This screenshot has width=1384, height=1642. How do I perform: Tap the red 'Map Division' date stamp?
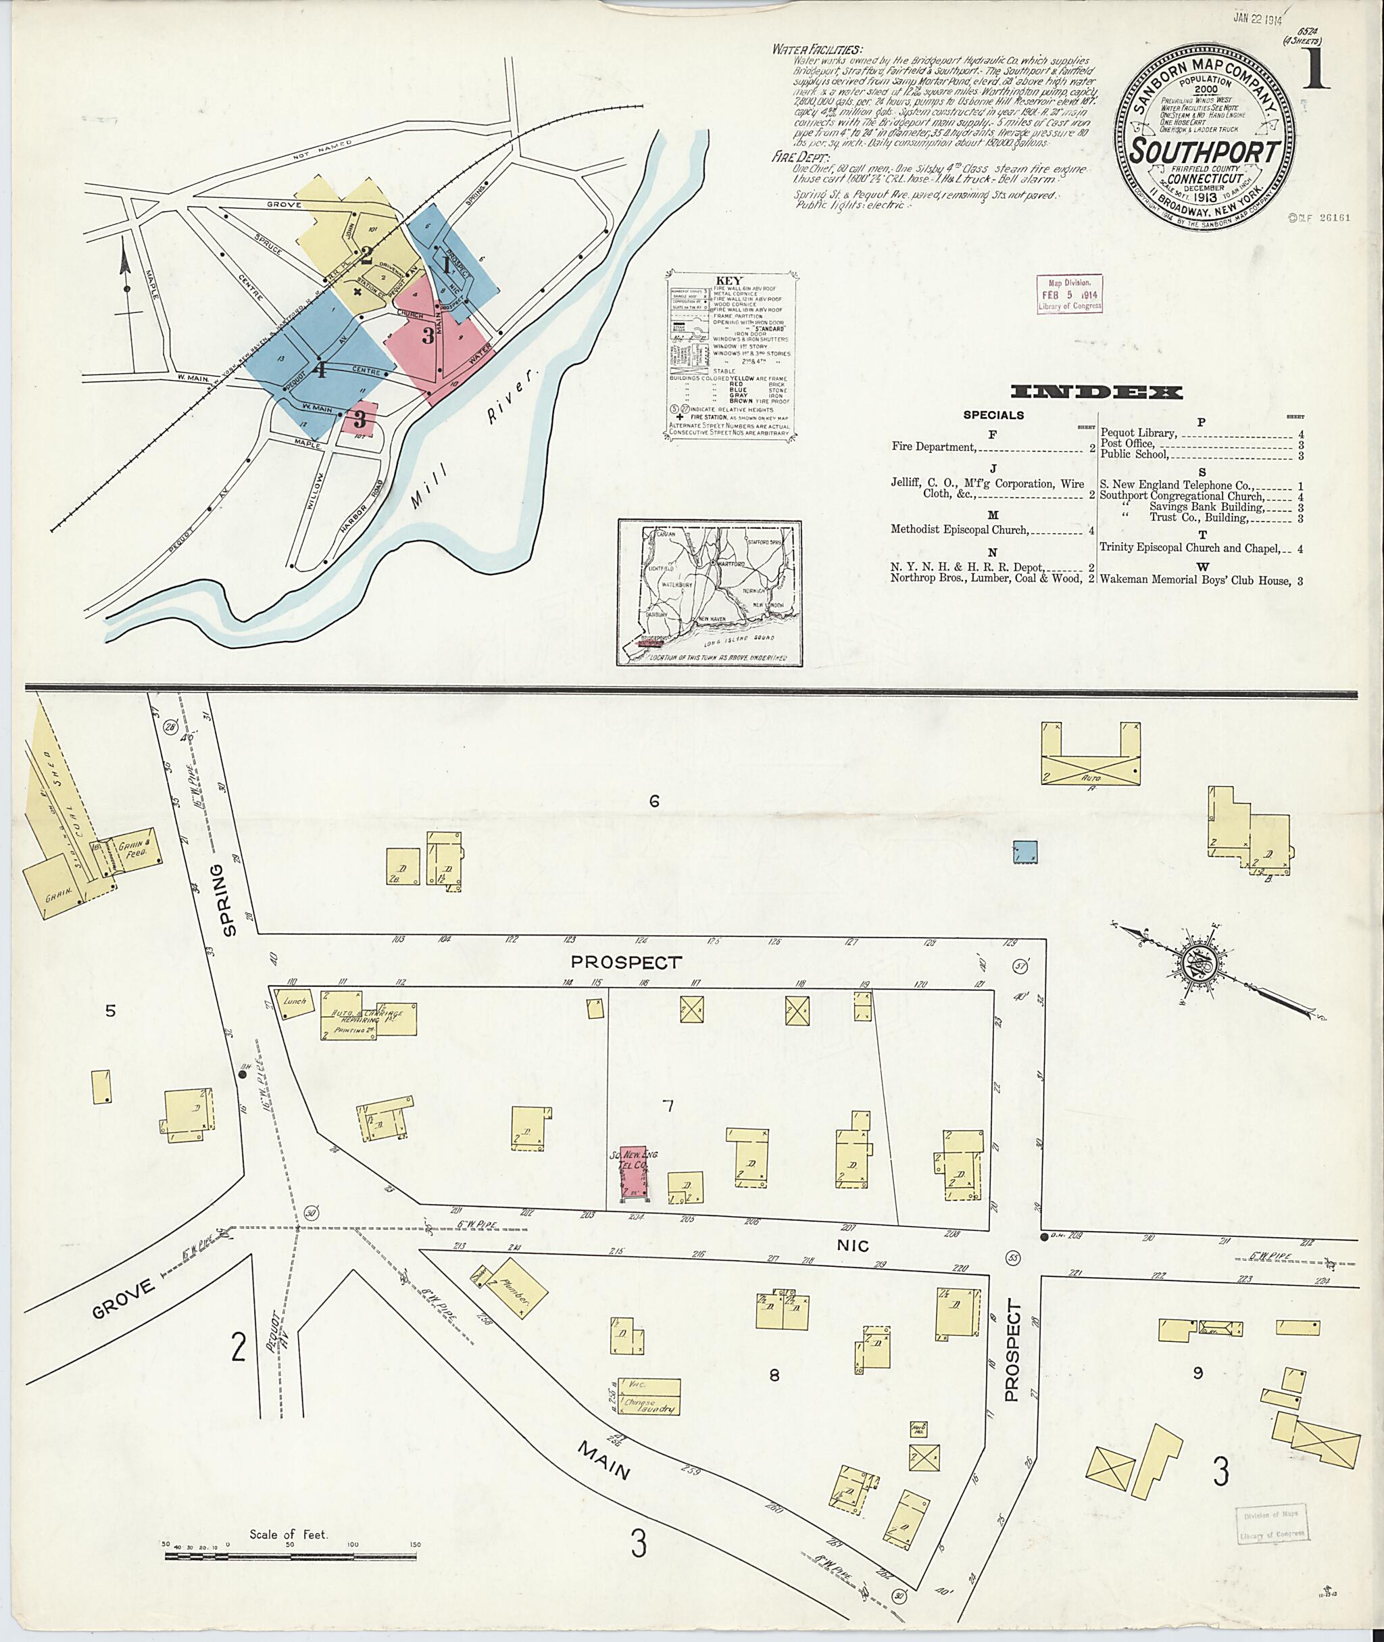pyautogui.click(x=1069, y=294)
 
